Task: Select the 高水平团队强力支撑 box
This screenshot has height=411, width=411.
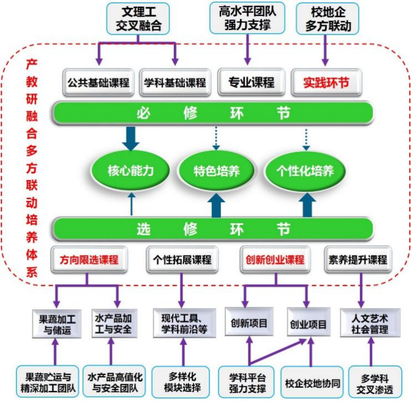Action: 247,18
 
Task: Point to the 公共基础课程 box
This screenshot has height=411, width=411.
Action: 98,83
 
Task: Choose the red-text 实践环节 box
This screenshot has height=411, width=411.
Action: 326,83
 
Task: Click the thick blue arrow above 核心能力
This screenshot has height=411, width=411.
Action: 131,138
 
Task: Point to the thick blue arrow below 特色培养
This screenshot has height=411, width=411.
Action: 217,204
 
